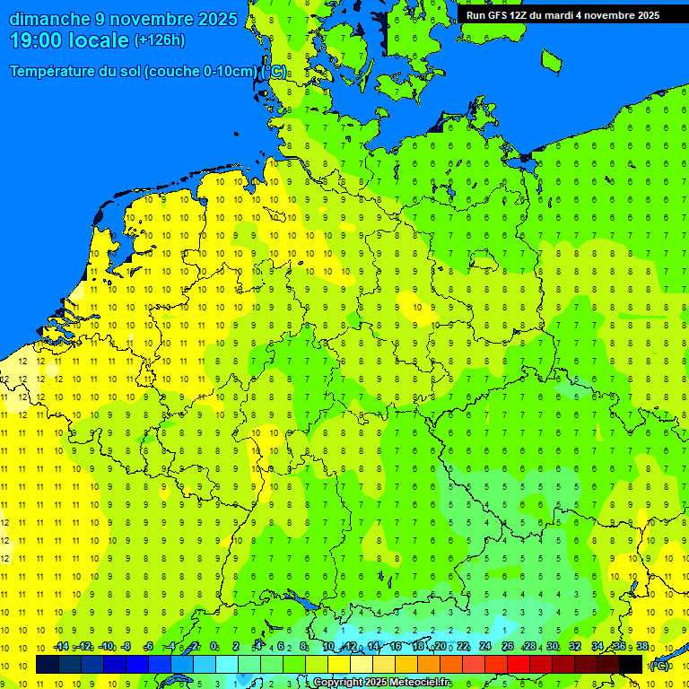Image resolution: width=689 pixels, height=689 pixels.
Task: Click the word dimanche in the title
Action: click(49, 19)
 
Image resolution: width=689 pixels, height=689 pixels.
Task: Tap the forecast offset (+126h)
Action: click(159, 40)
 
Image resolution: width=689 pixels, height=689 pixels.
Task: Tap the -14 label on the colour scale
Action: click(61, 647)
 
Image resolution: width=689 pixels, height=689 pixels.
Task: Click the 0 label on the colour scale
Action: click(214, 647)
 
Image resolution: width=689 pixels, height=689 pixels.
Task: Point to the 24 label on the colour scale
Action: click(485, 647)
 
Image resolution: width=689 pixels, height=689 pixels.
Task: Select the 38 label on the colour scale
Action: click(642, 647)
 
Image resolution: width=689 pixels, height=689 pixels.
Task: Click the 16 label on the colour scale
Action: click(395, 647)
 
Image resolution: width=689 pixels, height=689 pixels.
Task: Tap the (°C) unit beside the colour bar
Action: click(659, 666)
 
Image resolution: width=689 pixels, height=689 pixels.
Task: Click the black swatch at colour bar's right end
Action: click(631, 664)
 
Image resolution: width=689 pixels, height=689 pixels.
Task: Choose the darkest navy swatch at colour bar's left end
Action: click(47, 664)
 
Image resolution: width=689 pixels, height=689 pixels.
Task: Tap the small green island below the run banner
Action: click(551, 59)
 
